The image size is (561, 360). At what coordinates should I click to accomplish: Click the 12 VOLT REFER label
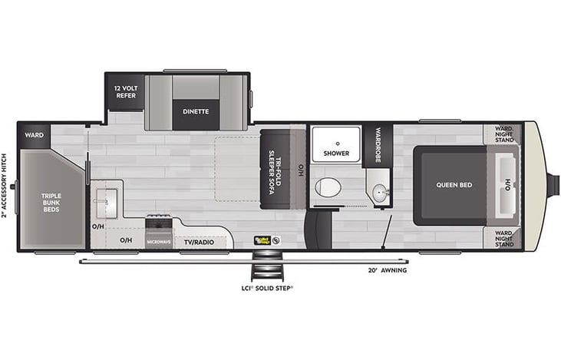(x=125, y=91)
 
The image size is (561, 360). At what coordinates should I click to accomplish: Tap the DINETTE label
(x=195, y=111)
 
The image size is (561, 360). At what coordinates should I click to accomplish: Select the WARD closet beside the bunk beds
(x=34, y=135)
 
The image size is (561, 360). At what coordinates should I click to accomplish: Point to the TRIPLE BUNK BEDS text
(x=51, y=202)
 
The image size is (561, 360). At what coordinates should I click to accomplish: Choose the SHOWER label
(x=336, y=154)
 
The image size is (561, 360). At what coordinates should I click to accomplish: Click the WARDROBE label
(x=378, y=144)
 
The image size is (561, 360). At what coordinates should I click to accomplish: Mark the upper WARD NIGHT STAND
(x=503, y=136)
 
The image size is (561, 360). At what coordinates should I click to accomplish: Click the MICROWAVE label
(x=158, y=242)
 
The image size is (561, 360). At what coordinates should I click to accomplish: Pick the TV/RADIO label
(x=198, y=242)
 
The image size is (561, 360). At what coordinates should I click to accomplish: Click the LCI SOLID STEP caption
(x=267, y=289)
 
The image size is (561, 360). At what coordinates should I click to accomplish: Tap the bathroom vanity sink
(x=378, y=192)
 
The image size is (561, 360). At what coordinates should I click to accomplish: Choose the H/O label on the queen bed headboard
(x=507, y=185)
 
